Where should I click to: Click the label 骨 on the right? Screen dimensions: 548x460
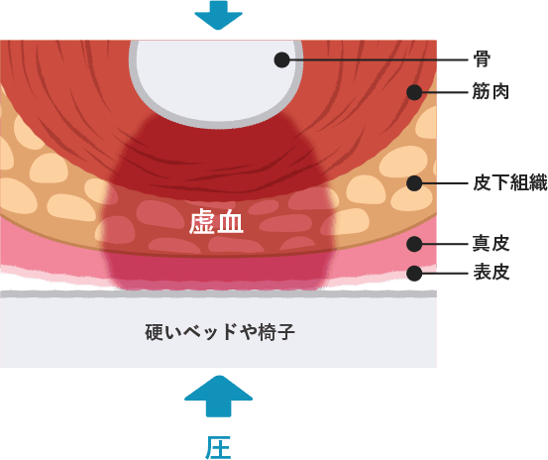[x=482, y=59]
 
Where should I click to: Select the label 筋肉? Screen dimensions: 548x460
[x=491, y=91]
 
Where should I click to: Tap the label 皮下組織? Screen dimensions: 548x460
[x=510, y=182]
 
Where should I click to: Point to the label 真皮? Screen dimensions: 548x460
[x=491, y=244]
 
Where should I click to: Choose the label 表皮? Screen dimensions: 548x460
[x=492, y=273]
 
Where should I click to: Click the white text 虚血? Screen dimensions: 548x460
[x=216, y=222]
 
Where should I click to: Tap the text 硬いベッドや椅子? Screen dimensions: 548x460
[x=220, y=332]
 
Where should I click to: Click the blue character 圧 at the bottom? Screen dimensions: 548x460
[x=218, y=447]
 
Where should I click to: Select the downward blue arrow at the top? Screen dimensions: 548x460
[x=218, y=15]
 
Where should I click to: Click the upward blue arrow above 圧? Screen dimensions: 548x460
[x=218, y=396]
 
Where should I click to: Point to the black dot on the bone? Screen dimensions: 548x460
[x=282, y=60]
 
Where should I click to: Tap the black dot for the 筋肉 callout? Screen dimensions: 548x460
[x=414, y=92]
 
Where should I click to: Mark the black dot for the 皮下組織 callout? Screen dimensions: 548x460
[x=414, y=183]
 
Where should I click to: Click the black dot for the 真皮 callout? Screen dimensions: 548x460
[x=414, y=244]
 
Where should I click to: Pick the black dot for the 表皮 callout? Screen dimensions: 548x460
[x=414, y=273]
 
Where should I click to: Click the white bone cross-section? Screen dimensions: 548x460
[x=216, y=80]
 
